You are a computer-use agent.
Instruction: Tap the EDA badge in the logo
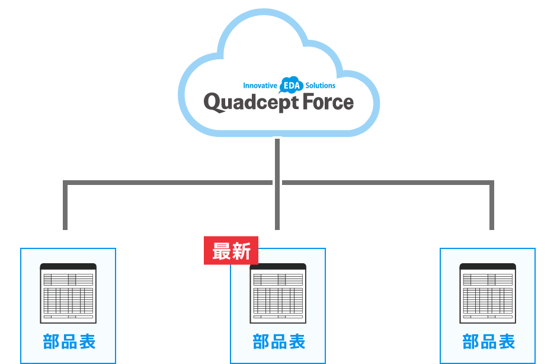point(291,85)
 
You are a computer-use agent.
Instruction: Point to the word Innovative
point(260,86)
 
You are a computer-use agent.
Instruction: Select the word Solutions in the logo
point(321,86)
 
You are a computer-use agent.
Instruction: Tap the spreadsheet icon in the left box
point(68,293)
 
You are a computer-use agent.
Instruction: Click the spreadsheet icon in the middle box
point(278,293)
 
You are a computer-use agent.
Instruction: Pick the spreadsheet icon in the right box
point(488,293)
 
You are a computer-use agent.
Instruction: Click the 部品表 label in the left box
point(69,342)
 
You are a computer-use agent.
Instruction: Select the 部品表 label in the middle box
point(278,342)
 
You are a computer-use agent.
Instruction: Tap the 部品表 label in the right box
point(488,342)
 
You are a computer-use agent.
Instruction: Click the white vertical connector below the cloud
point(277,184)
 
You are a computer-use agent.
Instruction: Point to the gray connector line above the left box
point(65,207)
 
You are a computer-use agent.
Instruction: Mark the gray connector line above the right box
point(491,207)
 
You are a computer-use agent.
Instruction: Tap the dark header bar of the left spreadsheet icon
point(68,267)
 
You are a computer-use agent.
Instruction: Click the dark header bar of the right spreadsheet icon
point(488,267)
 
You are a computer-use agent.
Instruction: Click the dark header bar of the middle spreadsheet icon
point(278,267)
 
